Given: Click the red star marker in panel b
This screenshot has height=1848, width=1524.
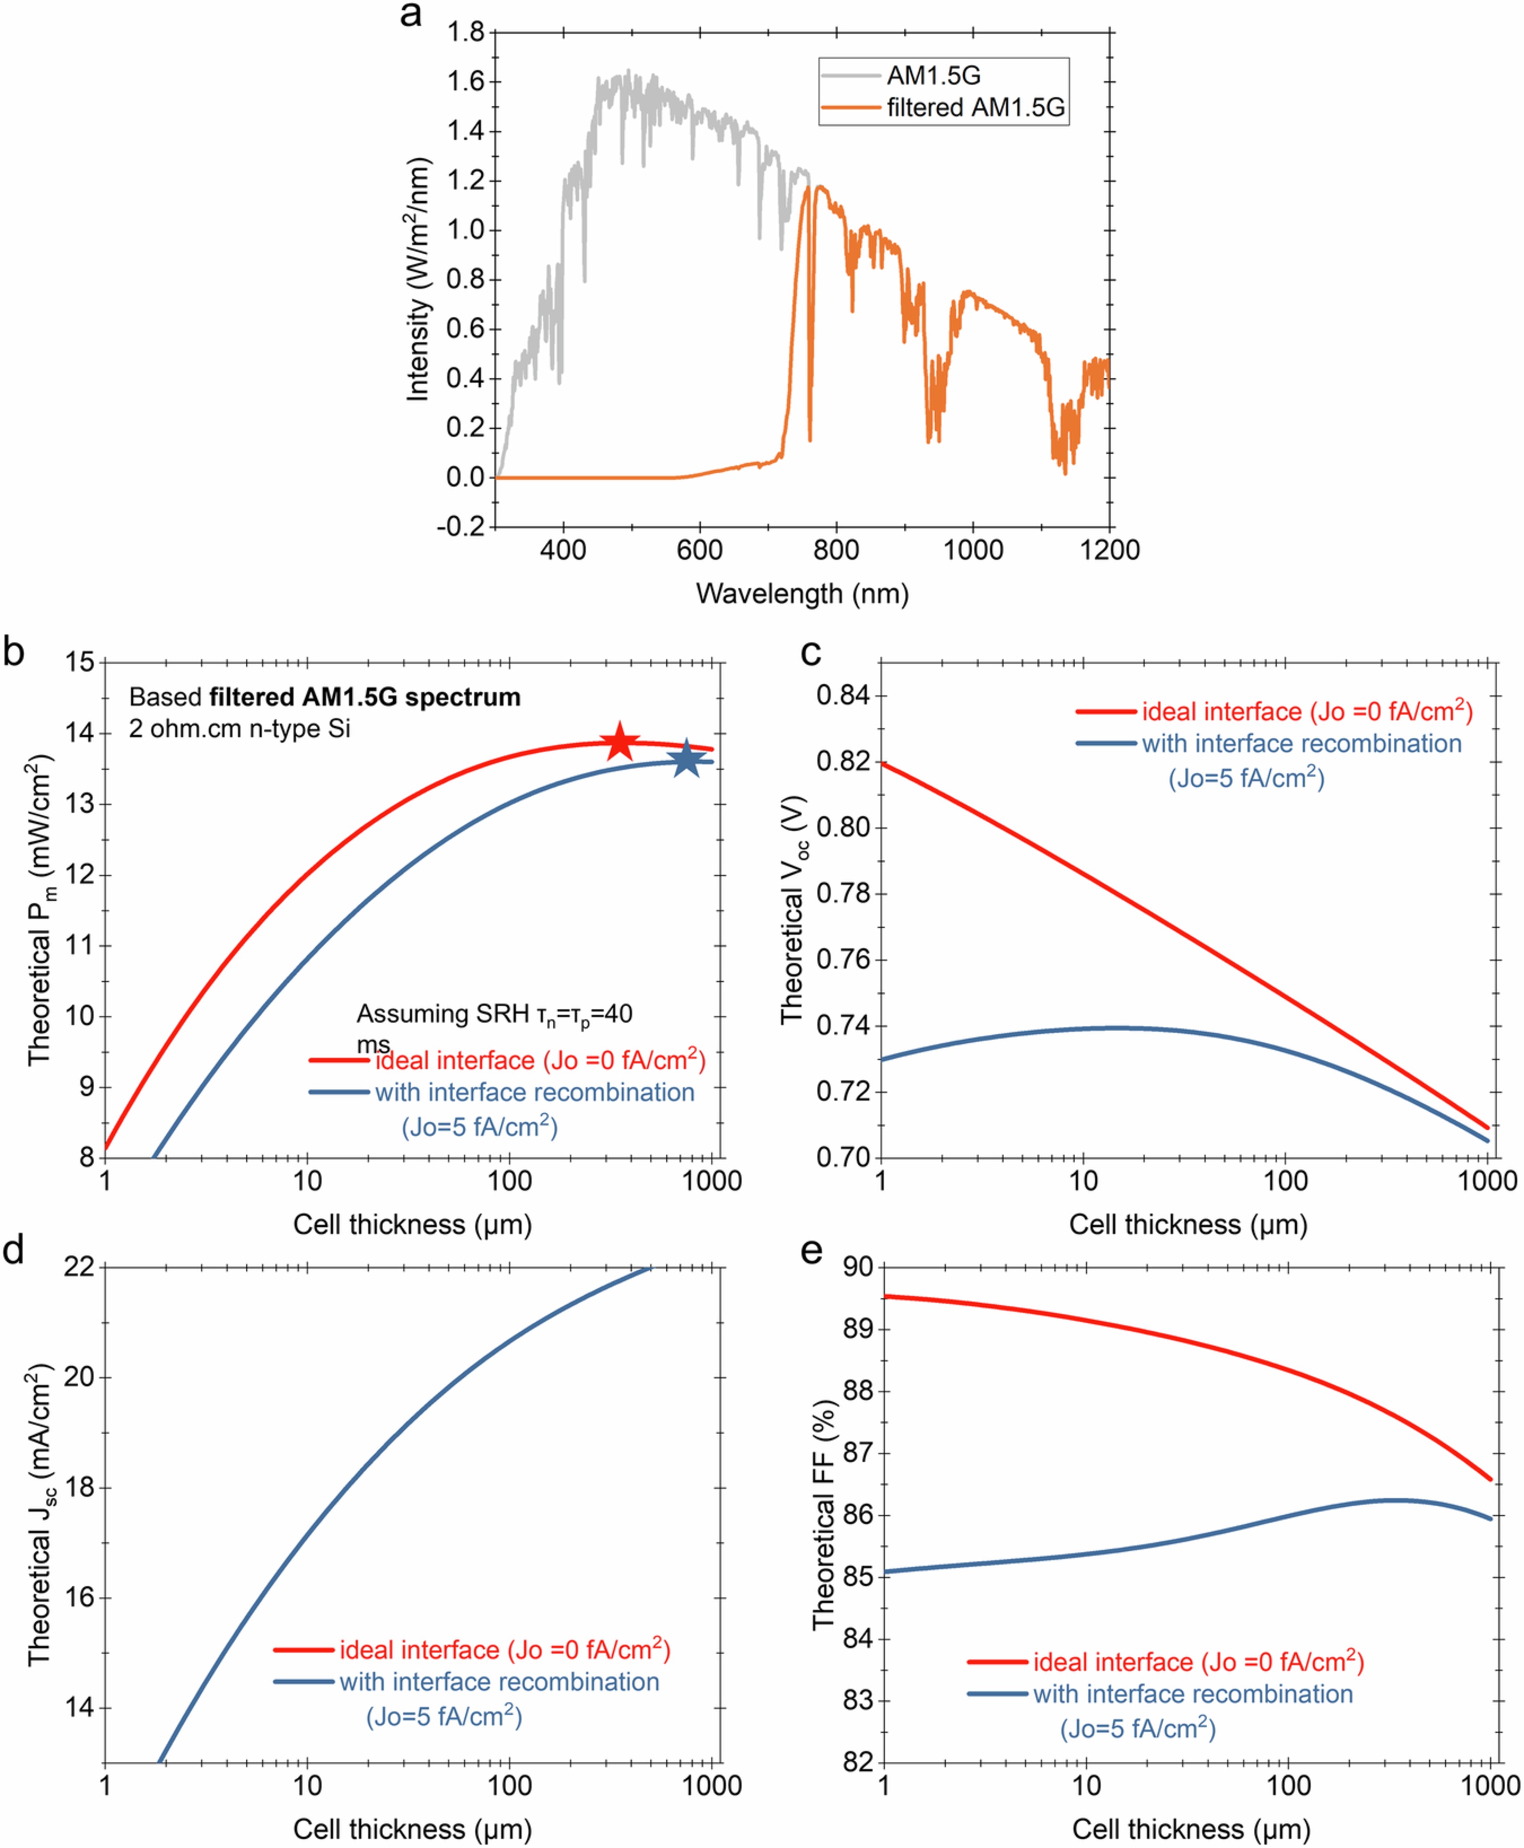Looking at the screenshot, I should coord(620,742).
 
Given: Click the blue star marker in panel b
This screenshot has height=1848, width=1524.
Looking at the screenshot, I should coord(687,760).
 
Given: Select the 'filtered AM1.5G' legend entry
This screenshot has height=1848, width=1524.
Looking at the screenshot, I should coord(975,107).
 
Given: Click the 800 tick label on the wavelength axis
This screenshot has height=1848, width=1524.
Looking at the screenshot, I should coord(836,551).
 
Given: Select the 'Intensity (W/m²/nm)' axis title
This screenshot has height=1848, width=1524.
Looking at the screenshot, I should coord(418,279).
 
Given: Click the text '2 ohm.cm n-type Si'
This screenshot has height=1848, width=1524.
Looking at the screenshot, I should coord(240,728).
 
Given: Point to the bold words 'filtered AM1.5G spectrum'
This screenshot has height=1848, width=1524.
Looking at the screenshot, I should coord(364,697).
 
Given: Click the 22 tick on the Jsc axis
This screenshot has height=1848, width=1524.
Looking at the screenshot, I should coord(78,1267).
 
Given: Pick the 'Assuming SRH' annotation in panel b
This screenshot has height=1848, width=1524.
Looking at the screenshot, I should coord(493,1015).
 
